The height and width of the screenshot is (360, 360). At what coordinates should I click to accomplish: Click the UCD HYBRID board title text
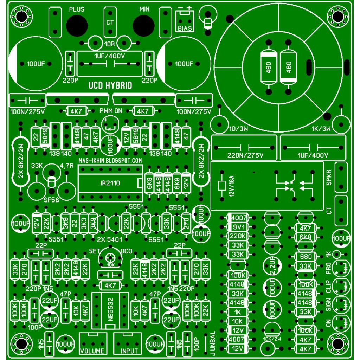coord(110,86)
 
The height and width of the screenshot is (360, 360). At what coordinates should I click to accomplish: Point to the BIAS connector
coord(185,21)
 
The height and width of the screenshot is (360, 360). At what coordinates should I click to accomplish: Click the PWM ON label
coord(111,111)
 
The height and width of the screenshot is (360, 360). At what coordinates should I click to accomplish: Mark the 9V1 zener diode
coord(238,227)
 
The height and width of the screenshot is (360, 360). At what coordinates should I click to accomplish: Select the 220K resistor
coord(238,236)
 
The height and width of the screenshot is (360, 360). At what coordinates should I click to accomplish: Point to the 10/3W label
coord(238,129)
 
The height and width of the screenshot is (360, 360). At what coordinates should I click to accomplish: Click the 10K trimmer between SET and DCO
coord(110,258)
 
